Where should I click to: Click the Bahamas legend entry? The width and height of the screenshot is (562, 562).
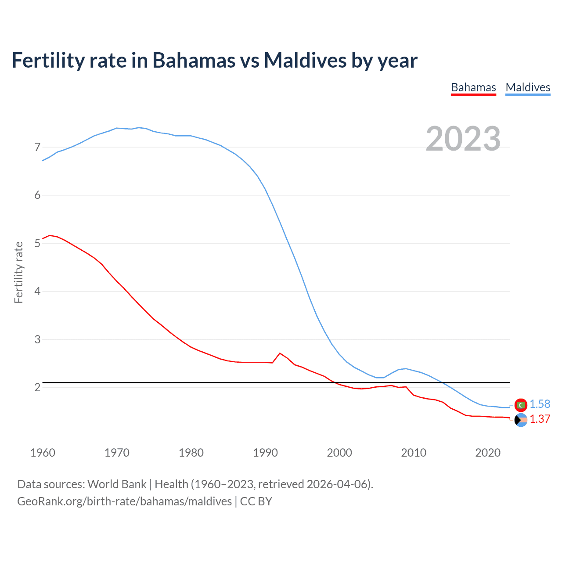[x=473, y=87]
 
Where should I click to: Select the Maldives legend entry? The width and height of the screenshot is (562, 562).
[x=528, y=87]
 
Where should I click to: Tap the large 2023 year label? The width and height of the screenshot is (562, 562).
[x=463, y=139]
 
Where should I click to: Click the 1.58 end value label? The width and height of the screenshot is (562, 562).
[x=540, y=404]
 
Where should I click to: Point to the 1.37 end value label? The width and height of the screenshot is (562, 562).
[x=540, y=419]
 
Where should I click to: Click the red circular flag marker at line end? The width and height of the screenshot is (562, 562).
[x=521, y=405]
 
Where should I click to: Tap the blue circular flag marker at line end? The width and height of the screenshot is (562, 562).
[x=521, y=420]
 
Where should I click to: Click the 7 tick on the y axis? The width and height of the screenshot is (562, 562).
[x=37, y=147]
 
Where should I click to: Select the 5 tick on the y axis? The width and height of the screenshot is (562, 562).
[x=37, y=243]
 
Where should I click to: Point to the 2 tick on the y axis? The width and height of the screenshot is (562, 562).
[x=37, y=387]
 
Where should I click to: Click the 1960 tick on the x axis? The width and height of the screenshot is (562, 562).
[x=43, y=453]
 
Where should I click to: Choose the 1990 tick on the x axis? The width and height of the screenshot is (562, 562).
[x=265, y=453]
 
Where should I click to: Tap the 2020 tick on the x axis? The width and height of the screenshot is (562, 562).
[x=488, y=453]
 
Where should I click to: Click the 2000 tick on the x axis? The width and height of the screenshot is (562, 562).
[x=339, y=453]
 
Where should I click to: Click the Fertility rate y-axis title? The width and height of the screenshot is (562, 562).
[x=18, y=272]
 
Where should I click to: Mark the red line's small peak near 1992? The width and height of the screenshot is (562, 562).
[x=280, y=353]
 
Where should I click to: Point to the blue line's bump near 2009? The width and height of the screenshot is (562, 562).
[x=405, y=368]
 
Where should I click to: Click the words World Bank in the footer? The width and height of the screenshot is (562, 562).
[x=117, y=484]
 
